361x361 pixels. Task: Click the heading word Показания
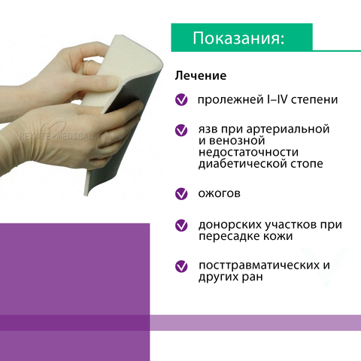238,38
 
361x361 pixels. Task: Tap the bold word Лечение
201,76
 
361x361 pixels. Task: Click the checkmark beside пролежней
181,99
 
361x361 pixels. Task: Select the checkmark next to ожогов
181,194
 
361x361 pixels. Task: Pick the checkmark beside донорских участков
181,225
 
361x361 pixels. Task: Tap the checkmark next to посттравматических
181,266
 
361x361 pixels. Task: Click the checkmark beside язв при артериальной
181,130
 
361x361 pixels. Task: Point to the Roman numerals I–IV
274,99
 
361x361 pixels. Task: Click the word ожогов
220,193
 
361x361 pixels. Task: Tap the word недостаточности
248,152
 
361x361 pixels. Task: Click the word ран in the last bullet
253,278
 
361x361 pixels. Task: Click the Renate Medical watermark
56,135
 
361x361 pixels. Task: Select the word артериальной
288,129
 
